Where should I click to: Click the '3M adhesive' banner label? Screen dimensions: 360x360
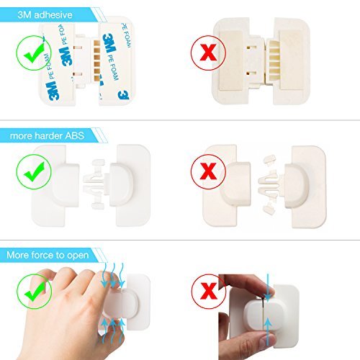[45, 15]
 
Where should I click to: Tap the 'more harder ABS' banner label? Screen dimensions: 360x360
[47, 136]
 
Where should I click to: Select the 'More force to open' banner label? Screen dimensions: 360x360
[48, 255]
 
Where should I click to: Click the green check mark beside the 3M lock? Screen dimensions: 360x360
[34, 53]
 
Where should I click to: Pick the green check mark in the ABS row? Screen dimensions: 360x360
[34, 172]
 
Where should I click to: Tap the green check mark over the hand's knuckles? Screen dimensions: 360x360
[35, 292]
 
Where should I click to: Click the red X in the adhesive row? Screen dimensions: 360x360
[208, 53]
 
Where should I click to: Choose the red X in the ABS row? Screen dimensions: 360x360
[208, 171]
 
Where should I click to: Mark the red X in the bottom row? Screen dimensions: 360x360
[209, 291]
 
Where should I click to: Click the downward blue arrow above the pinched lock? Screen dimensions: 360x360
[268, 287]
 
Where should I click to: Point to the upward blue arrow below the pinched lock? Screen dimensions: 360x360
[268, 331]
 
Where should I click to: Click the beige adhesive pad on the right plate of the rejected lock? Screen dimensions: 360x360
[292, 60]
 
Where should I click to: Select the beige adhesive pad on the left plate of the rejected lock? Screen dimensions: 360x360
[231, 60]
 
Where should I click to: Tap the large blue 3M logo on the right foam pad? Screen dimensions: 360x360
[109, 43]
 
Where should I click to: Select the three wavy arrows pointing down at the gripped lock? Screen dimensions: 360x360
[113, 275]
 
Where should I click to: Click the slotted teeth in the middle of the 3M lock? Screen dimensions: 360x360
[97, 60]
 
